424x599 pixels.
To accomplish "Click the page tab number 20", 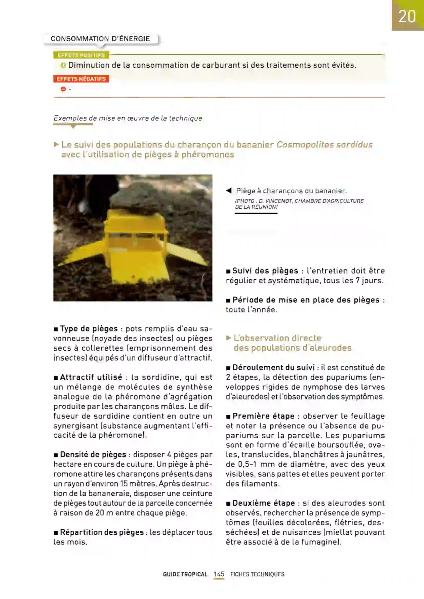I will click(x=407, y=16).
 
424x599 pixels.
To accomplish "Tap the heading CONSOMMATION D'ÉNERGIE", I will click(x=100, y=39).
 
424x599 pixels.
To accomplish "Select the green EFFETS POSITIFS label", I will click(x=81, y=55).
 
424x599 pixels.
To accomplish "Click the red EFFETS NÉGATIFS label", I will click(x=81, y=79).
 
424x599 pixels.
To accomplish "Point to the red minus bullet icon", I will click(x=63, y=89).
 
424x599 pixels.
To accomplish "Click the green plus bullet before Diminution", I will click(x=63, y=65).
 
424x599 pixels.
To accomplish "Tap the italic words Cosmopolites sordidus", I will click(x=324, y=144).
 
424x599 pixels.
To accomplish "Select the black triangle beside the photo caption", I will click(x=229, y=191).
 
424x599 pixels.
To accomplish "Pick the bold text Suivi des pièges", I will click(x=265, y=271).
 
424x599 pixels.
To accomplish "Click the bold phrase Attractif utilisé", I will click(x=91, y=377).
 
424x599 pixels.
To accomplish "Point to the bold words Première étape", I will click(x=263, y=416).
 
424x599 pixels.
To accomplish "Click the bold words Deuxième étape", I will click(x=264, y=503).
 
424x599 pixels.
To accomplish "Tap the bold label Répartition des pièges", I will click(x=102, y=532).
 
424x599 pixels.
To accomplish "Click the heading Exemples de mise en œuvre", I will click(x=128, y=118).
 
